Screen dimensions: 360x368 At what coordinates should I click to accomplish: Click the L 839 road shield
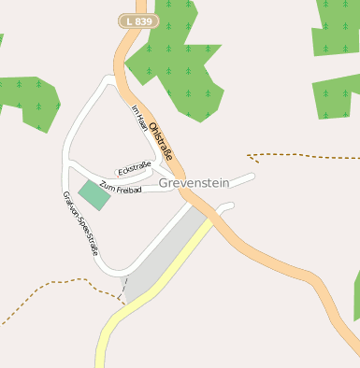139,21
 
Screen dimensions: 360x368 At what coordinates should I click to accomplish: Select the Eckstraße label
134,168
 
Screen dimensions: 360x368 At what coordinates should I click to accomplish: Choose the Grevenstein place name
194,183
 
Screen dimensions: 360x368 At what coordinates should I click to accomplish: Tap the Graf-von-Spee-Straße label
80,223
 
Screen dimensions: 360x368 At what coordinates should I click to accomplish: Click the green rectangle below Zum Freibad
93,195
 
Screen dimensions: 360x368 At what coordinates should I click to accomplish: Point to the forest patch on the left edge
28,97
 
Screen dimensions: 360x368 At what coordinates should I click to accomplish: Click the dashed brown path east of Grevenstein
299,154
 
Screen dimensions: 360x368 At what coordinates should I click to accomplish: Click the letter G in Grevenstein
165,183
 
